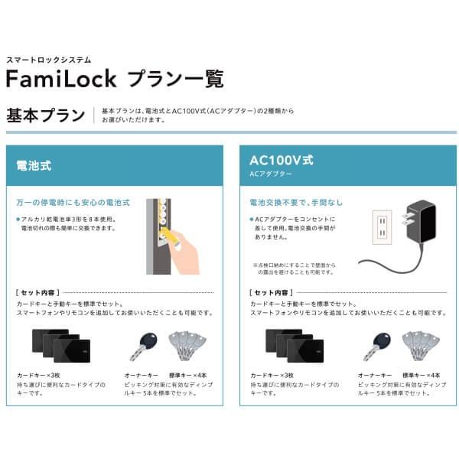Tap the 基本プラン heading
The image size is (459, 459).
[45, 116]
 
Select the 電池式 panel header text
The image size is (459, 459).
[34, 164]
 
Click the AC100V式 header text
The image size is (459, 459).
[282, 161]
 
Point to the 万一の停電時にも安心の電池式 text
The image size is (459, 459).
[73, 204]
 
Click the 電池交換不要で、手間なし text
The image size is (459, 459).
[296, 203]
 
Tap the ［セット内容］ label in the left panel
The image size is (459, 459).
[38, 293]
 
